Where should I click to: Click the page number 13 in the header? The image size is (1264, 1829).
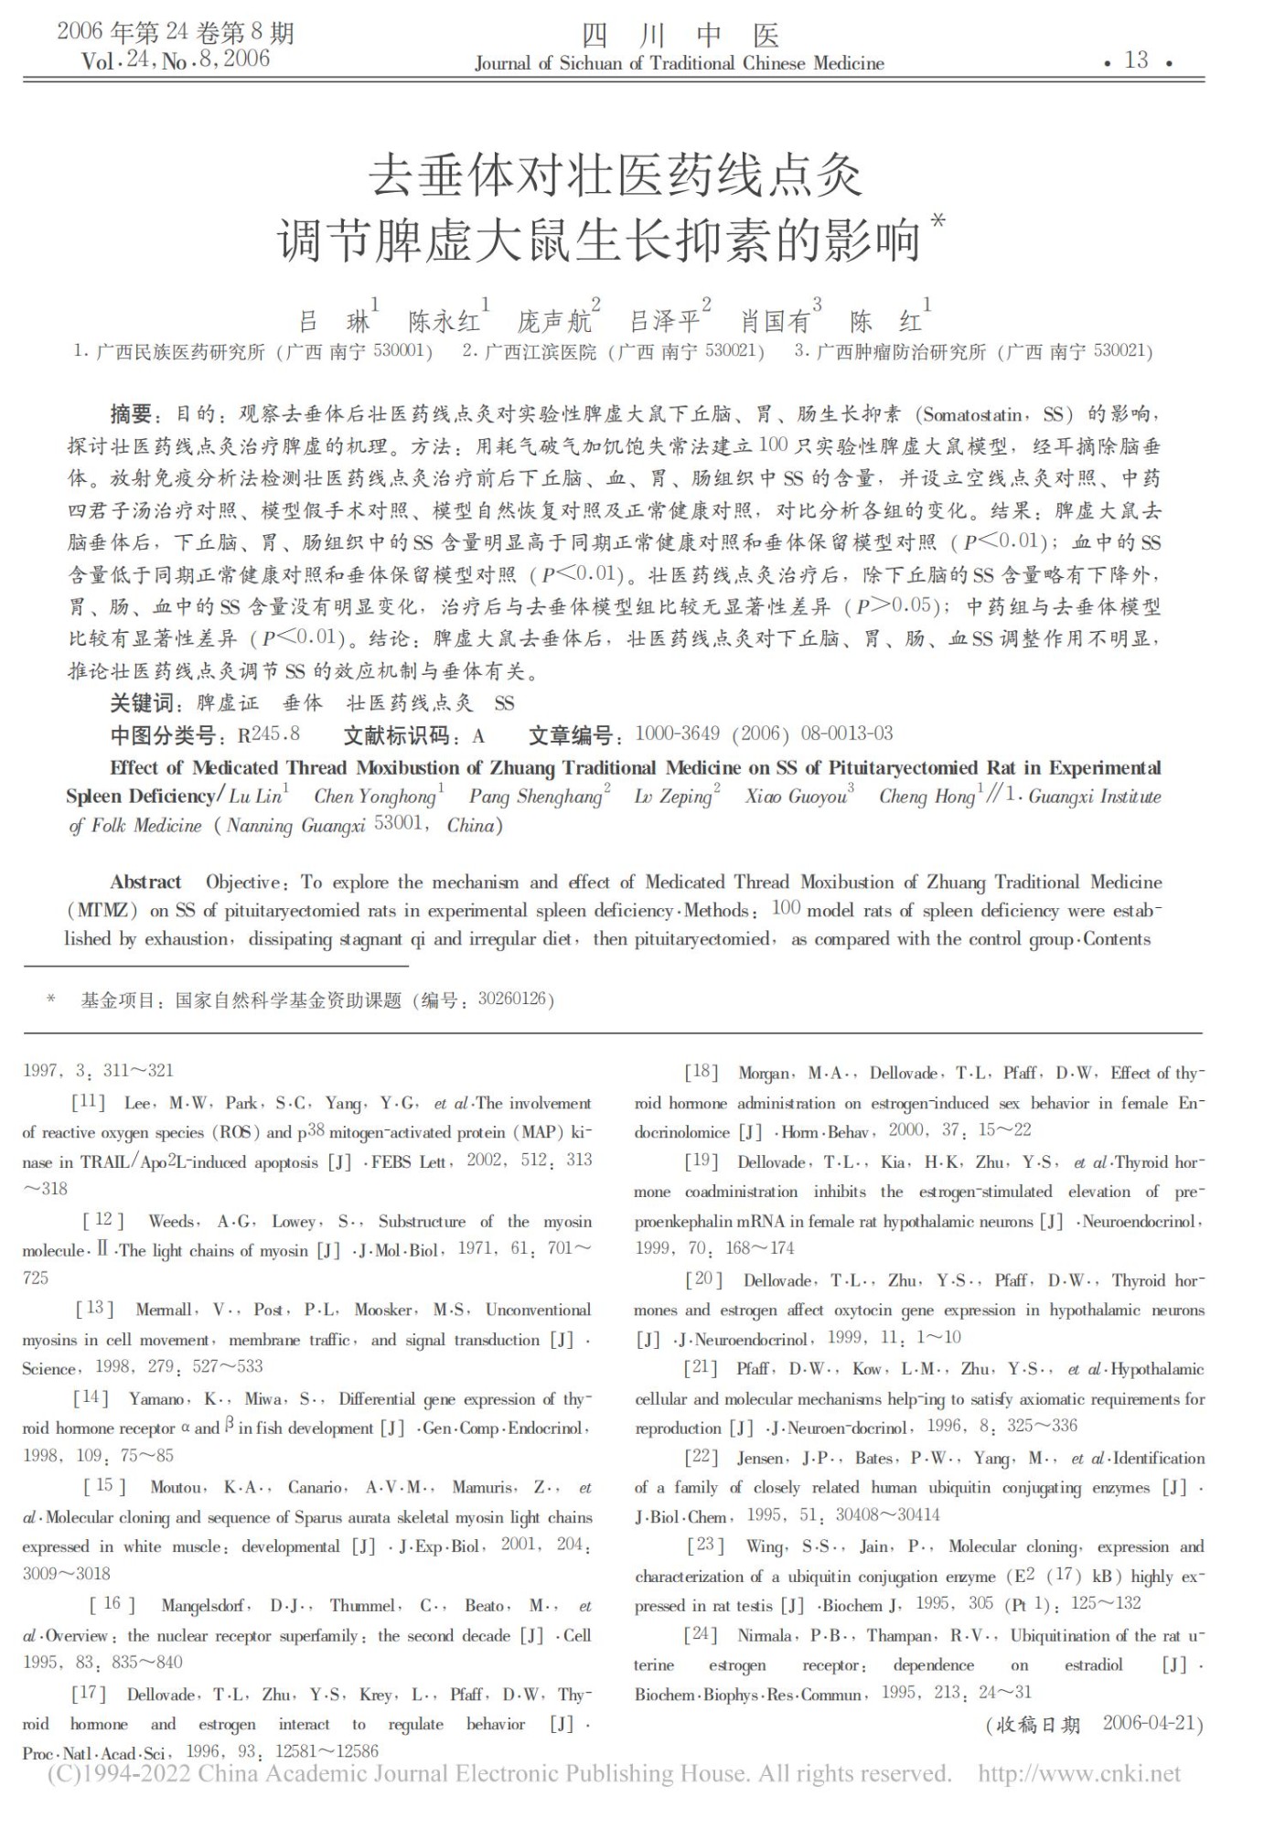tap(1136, 60)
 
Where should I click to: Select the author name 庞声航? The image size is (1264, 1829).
tap(553, 321)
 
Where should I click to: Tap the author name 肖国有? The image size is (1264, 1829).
tap(776, 321)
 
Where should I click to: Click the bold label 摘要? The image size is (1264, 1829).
tap(130, 414)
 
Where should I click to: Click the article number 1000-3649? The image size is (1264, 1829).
tap(677, 733)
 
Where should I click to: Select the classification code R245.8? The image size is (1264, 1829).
tap(268, 734)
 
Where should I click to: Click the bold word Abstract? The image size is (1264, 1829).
tap(145, 882)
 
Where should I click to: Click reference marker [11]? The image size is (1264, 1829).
tap(89, 1103)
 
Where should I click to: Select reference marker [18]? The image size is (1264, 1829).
tap(702, 1073)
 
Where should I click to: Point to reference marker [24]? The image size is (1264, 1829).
tap(702, 1634)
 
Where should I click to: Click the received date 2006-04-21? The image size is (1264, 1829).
tap(1150, 1723)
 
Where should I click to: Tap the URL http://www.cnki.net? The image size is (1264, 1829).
tap(1079, 1774)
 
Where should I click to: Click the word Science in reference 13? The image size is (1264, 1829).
tap(48, 1368)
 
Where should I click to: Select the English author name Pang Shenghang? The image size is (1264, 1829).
tap(535, 797)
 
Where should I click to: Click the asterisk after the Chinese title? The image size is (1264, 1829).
tap(937, 222)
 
